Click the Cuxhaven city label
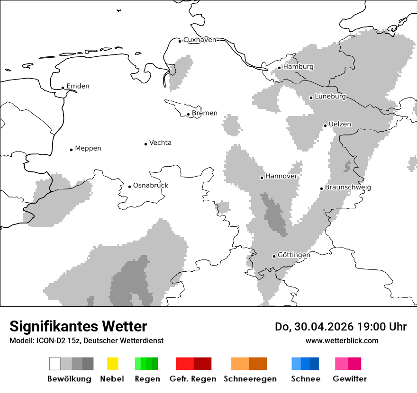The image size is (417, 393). pos(199,40)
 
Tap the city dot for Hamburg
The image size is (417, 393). pos(280,68)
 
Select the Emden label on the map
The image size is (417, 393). pos(78,86)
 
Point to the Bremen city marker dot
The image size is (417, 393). pos(188,114)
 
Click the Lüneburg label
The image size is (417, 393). pos(330,97)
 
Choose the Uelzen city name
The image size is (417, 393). pos(340,124)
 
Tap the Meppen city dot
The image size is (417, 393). pos(71,150)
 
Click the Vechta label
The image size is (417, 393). pos(160,143)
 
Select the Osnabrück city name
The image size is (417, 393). pos(150,185)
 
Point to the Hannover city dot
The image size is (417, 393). pos(262,178)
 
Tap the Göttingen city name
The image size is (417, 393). pos(294,255)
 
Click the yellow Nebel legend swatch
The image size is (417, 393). pos(112,364)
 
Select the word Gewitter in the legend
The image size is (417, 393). pos(349,379)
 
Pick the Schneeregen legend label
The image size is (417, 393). pos(250,379)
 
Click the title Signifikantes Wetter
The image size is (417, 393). pos(78,326)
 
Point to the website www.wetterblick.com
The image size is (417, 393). pos(342,340)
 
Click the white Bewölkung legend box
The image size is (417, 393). pos(55,364)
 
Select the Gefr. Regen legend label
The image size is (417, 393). pos(193,379)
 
